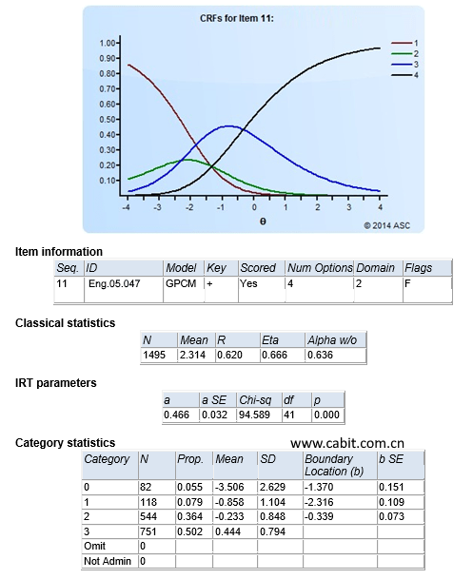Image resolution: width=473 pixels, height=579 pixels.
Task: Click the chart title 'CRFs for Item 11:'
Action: pyautogui.click(x=237, y=18)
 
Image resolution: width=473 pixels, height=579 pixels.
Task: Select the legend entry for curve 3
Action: pyautogui.click(x=404, y=65)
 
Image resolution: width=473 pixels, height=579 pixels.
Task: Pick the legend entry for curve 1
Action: pyautogui.click(x=404, y=43)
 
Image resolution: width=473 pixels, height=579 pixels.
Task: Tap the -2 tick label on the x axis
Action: pyautogui.click(x=189, y=207)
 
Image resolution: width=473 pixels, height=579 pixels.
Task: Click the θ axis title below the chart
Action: pyautogui.click(x=263, y=222)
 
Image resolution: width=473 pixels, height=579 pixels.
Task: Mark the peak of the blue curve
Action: pyautogui.click(x=228, y=126)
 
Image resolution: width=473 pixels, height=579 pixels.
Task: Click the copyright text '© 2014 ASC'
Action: pyautogui.click(x=387, y=225)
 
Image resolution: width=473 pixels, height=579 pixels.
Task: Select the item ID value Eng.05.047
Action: pyautogui.click(x=114, y=283)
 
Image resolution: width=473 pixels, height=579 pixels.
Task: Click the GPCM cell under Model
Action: pyautogui.click(x=181, y=283)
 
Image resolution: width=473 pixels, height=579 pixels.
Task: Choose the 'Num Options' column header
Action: pyautogui.click(x=320, y=268)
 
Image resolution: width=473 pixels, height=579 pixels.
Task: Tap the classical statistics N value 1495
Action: pyautogui.click(x=154, y=355)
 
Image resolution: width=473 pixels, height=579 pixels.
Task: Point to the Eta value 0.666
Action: pyautogui.click(x=274, y=355)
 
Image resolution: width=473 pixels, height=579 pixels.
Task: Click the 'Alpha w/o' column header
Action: pyautogui.click(x=332, y=340)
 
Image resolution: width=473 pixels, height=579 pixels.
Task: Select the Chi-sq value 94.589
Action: pyautogui.click(x=254, y=415)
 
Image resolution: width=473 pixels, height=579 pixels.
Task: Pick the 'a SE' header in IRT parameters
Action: pyautogui.click(x=214, y=400)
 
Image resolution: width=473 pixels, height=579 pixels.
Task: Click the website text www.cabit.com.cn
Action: pyautogui.click(x=347, y=443)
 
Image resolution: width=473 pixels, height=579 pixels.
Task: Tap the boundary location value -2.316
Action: pyautogui.click(x=319, y=502)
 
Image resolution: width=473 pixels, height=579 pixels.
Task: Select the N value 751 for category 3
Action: pyautogui.click(x=148, y=531)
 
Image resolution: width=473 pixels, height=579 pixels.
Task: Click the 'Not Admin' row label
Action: pyautogui.click(x=108, y=561)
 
